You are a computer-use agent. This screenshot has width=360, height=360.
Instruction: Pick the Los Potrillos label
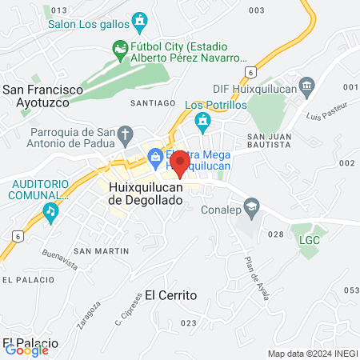tap(215, 105)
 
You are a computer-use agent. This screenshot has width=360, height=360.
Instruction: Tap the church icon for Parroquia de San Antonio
tap(126, 133)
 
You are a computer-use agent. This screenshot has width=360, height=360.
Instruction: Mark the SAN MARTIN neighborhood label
tap(100, 251)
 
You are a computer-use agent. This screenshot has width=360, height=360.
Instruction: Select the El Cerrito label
tap(170, 295)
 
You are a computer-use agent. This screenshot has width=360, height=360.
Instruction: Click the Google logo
tap(26, 350)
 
